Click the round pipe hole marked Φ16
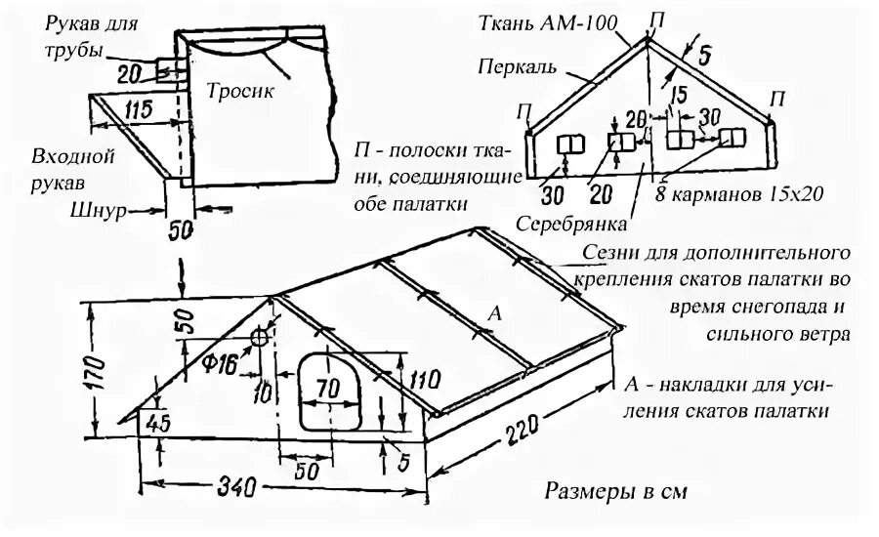coord(261,338)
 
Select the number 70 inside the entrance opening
coord(327,387)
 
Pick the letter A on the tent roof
coord(493,313)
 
